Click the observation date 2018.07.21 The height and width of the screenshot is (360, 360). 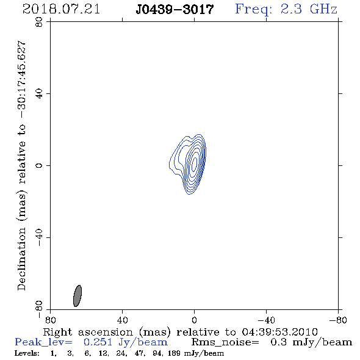coord(61,9)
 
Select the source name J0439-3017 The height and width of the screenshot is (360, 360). coord(175,10)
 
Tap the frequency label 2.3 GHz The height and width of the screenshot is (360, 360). coord(309,9)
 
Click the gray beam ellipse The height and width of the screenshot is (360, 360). coord(77,296)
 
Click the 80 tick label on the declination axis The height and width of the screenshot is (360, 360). coord(39,22)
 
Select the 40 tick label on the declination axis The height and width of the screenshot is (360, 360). coord(39,94)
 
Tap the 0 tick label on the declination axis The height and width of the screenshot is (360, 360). coord(39,165)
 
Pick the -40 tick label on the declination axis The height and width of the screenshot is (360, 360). coord(39,237)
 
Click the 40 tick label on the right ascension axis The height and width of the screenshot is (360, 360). coord(122,320)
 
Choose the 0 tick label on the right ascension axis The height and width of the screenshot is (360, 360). coord(194,320)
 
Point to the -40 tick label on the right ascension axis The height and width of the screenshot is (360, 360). coord(266,320)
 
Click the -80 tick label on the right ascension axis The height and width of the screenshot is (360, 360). coord(338,320)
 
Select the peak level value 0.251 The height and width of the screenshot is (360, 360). coord(98,342)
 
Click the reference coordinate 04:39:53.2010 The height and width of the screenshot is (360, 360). coord(279,332)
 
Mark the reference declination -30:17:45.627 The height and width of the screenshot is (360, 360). coord(22,80)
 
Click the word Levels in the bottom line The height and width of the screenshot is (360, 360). coord(27,353)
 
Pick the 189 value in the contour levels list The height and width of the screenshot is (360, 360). coord(173,353)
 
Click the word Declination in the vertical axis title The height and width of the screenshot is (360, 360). coord(21,259)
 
